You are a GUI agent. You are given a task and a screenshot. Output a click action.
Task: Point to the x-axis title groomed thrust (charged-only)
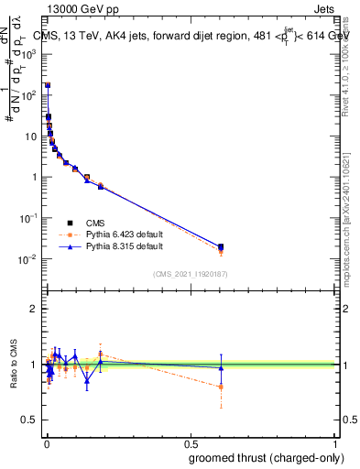pyautogui.click(x=260, y=457)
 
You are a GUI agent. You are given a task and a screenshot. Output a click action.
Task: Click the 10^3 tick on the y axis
pyautogui.click(x=27, y=54)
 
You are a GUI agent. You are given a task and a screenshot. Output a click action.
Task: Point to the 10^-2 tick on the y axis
pyautogui.click(x=27, y=259)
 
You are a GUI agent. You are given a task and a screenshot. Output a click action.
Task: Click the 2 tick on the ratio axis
pyautogui.click(x=34, y=309)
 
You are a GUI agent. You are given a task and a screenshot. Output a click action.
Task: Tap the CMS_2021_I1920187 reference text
pyautogui.click(x=190, y=274)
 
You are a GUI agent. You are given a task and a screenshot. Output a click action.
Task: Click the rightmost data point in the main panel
pyautogui.click(x=221, y=246)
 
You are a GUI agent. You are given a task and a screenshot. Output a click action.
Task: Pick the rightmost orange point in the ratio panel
pyautogui.click(x=221, y=387)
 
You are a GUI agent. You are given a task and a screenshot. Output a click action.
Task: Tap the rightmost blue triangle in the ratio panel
pyautogui.click(x=221, y=368)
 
